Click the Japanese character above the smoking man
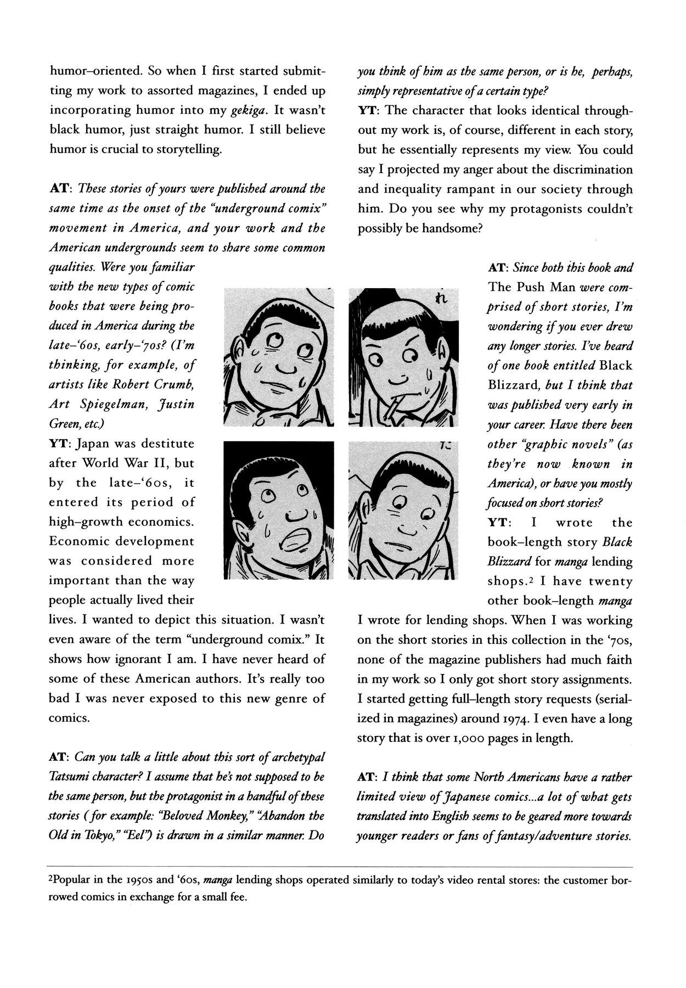[441, 298]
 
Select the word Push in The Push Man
[531, 287]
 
